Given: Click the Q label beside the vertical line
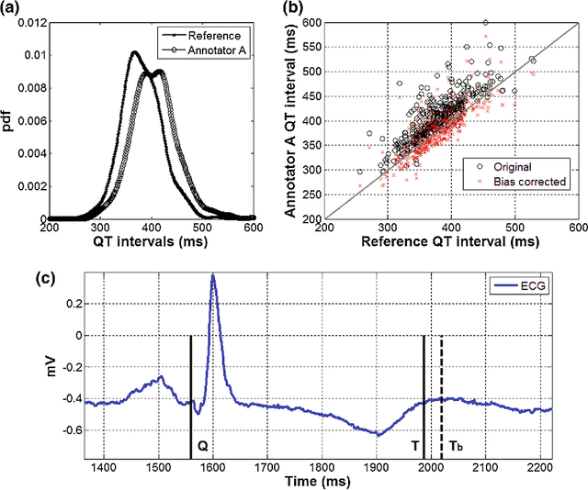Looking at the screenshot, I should point(203,446).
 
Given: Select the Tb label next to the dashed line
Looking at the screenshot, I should point(457,446).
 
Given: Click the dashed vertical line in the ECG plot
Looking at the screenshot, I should point(442,395).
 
